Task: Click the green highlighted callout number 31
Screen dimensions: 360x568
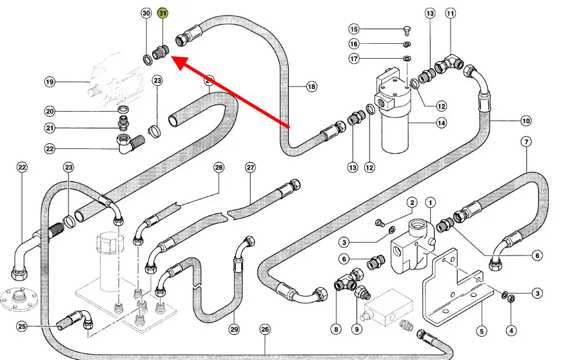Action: [162, 13]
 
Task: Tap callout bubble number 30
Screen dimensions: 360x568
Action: [146, 13]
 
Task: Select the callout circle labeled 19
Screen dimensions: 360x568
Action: [50, 82]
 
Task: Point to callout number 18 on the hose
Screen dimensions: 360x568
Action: [311, 86]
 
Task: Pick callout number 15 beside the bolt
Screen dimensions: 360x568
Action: [353, 29]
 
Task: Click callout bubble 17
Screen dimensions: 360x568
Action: [353, 59]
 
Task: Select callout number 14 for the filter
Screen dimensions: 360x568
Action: [423, 123]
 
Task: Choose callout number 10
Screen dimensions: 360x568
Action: [525, 121]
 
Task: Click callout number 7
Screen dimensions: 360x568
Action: [526, 142]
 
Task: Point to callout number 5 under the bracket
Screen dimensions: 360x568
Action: [482, 331]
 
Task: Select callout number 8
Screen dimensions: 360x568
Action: [335, 330]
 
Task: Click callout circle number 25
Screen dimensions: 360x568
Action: [22, 327]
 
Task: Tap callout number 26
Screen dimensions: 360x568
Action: [264, 330]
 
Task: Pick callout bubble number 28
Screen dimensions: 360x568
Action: [219, 168]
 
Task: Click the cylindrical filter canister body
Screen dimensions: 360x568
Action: [395, 132]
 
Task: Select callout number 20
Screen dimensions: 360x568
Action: [50, 111]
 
